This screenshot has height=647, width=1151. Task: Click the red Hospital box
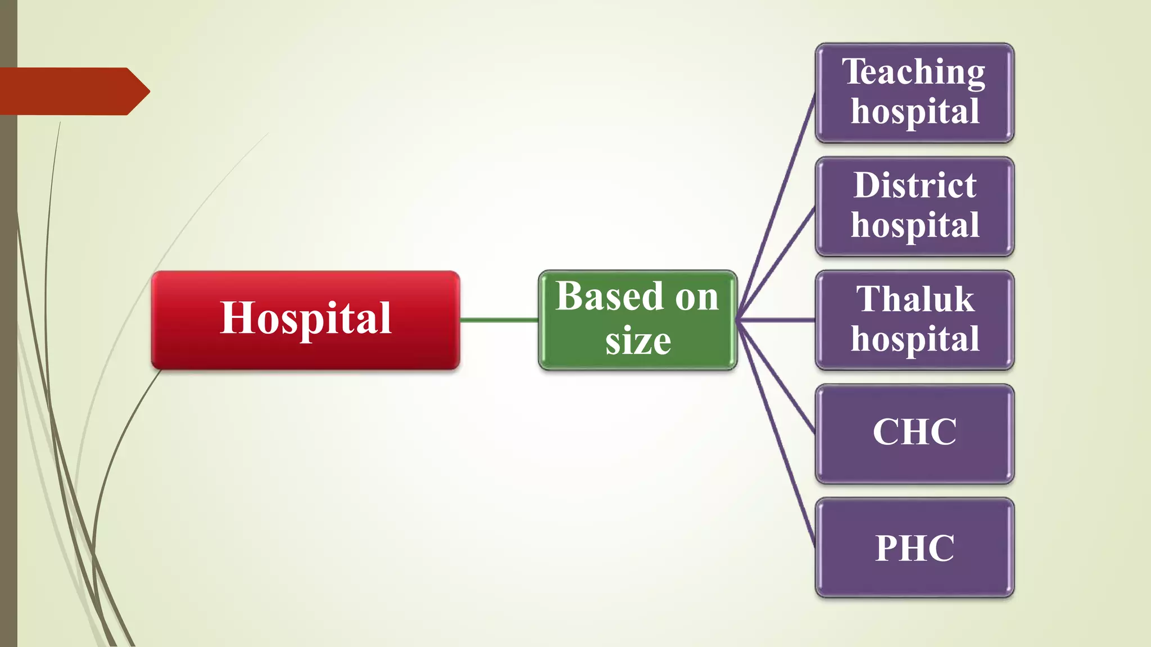305,320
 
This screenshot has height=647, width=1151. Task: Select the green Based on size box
637,320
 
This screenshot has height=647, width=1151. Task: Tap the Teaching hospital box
914,93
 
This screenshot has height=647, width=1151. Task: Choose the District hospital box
914,207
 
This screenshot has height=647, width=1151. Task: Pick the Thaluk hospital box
914,320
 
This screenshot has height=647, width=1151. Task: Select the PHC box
914,548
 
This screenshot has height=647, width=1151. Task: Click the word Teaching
913,73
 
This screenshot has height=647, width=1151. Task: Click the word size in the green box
638,341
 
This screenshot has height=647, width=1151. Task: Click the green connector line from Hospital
499,320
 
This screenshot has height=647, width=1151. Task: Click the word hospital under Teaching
915,112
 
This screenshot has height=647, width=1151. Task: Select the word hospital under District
915,226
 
